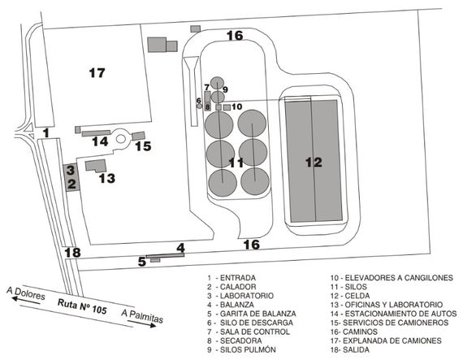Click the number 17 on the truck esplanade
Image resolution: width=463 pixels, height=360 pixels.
coord(97,72)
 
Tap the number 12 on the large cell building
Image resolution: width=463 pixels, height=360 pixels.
coord(314,163)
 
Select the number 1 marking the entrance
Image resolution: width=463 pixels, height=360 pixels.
coord(46,133)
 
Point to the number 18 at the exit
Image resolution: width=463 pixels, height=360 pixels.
coord(72,253)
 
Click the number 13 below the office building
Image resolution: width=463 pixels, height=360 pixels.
coord(107,178)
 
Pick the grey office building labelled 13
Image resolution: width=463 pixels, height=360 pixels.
coord(96,166)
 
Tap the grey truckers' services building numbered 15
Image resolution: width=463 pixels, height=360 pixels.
coord(138,136)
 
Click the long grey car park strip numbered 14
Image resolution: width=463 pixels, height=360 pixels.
coord(97,133)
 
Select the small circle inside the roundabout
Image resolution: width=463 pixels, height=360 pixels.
coord(121,138)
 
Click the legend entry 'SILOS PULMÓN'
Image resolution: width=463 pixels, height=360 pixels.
coord(248,349)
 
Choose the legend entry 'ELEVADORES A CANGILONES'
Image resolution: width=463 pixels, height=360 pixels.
coord(399,278)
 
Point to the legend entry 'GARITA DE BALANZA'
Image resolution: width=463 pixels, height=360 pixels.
coord(258,314)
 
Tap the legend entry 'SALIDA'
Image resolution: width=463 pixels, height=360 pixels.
coord(356,349)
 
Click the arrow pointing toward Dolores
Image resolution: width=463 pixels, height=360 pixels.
coord(26,301)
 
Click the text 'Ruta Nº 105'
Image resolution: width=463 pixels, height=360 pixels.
coord(82,306)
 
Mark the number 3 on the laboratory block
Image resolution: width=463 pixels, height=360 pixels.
coord(71,170)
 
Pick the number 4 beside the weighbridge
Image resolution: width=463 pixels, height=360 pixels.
coord(180,248)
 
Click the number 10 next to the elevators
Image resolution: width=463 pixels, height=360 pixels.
coord(237,106)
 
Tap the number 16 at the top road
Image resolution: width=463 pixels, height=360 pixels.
coord(235,36)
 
